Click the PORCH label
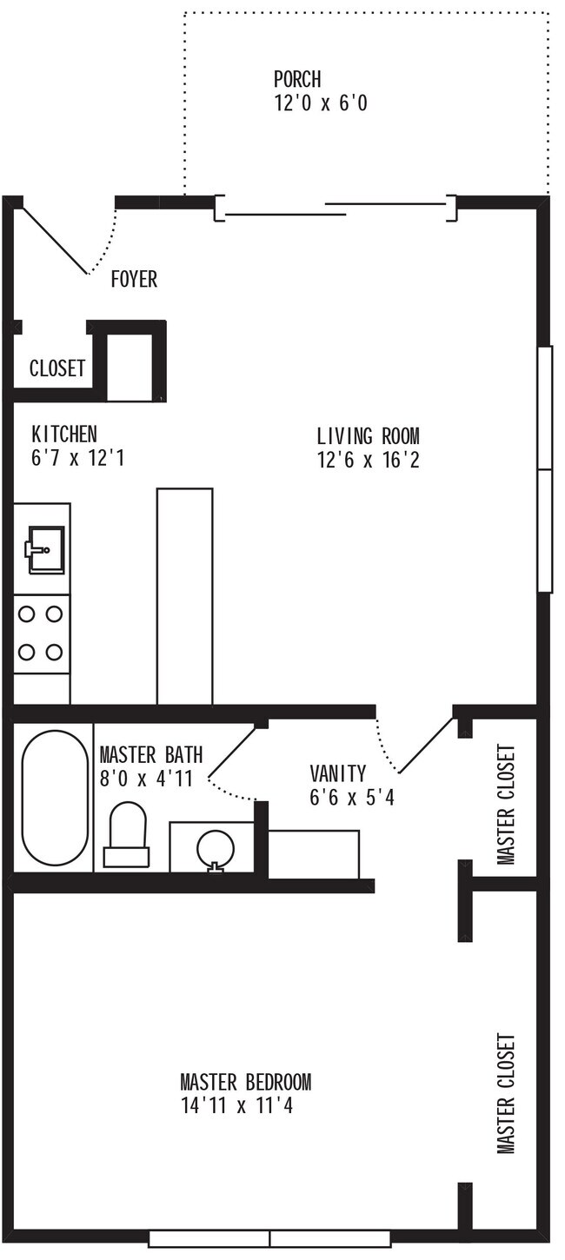[297, 80]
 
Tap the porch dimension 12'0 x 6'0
[321, 103]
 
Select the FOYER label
[134, 280]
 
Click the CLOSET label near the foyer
[57, 368]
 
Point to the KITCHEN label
[64, 434]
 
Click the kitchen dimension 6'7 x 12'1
[78, 458]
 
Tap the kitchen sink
[44, 550]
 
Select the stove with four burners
[41, 633]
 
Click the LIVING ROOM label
[368, 435]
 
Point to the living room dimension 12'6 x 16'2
[368, 460]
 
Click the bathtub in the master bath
[54, 799]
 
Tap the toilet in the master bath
[127, 834]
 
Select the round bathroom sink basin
[215, 846]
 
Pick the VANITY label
[338, 773]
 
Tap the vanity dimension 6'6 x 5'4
[352, 797]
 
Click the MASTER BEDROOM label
[245, 1083]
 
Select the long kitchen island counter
[184, 596]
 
